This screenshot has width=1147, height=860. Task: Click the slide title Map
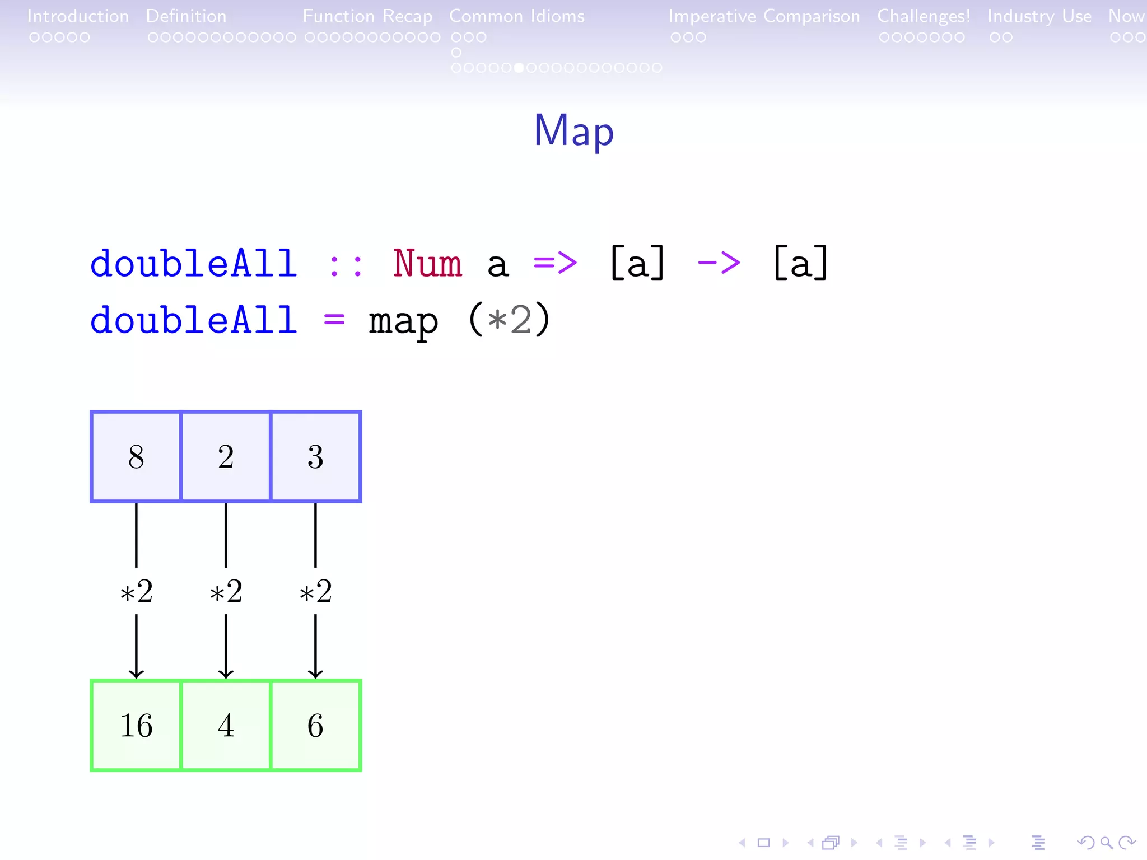[573, 130]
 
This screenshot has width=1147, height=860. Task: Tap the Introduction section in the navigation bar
[78, 16]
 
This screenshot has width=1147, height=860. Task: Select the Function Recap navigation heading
[367, 16]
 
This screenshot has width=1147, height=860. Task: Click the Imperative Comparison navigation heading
[764, 16]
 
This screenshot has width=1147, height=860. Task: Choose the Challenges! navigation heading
[924, 16]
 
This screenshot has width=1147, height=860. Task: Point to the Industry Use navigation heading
[1039, 16]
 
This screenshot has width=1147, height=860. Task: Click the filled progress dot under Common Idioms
[519, 68]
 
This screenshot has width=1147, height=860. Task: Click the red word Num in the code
[427, 263]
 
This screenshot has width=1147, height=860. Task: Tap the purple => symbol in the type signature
[555, 262]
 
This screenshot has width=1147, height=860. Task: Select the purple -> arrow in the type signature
[719, 262]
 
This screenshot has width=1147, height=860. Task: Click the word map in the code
[403, 321]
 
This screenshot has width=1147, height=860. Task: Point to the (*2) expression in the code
[509, 320]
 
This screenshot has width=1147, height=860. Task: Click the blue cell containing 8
[136, 456]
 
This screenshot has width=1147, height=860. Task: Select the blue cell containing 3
[315, 456]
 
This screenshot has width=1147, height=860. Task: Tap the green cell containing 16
[136, 725]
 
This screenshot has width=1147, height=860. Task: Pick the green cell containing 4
[226, 725]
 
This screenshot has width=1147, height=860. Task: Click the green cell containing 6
[315, 725]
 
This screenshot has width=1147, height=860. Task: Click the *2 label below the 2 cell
[226, 591]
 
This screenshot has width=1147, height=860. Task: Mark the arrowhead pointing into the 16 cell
[136, 673]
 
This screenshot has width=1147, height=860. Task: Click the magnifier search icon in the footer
[1106, 842]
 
